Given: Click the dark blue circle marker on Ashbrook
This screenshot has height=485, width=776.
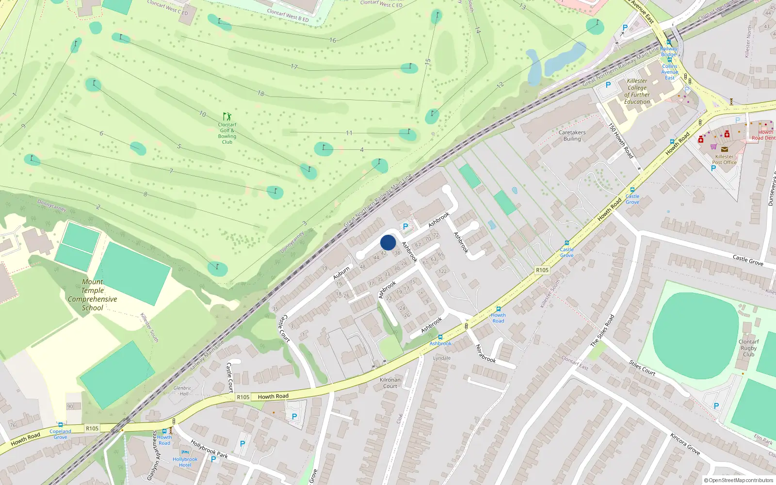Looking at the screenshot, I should coord(388,242).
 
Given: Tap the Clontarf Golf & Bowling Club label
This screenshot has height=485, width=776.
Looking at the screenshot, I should coord(227,133).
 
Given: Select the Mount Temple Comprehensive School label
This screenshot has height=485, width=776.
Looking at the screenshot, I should coord(92,295).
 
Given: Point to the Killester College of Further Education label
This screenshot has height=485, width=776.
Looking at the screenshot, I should coord(637,92).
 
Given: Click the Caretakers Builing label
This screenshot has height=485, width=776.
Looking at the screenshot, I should coord(572,135).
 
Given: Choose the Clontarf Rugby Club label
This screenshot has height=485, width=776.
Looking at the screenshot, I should coord(748,348).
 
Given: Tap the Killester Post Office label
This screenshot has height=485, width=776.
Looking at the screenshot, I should coord(724,160).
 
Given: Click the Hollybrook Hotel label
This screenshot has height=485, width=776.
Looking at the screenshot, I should coord(185,462).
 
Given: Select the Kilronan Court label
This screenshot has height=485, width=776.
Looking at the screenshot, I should coord(390,383).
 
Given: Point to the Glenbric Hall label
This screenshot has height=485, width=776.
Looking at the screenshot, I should coord(182,390).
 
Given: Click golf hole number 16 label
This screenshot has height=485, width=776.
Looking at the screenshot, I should coord(333,40).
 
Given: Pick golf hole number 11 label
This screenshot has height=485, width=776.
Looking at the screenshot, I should coord(349,133).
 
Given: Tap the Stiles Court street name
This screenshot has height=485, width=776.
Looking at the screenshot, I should coord(642,368).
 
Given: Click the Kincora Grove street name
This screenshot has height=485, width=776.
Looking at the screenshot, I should coord(685,444).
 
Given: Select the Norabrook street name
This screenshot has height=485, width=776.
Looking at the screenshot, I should coord(485,354).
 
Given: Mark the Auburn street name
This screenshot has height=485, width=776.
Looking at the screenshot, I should coord(341,273).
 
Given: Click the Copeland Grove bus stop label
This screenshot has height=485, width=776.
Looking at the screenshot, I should coord(60,434).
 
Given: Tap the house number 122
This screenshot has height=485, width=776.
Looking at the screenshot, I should coord(442,271).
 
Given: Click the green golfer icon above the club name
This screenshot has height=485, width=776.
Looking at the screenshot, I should coord(227,116).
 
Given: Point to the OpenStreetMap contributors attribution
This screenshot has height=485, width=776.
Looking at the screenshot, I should coord(739,480).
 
